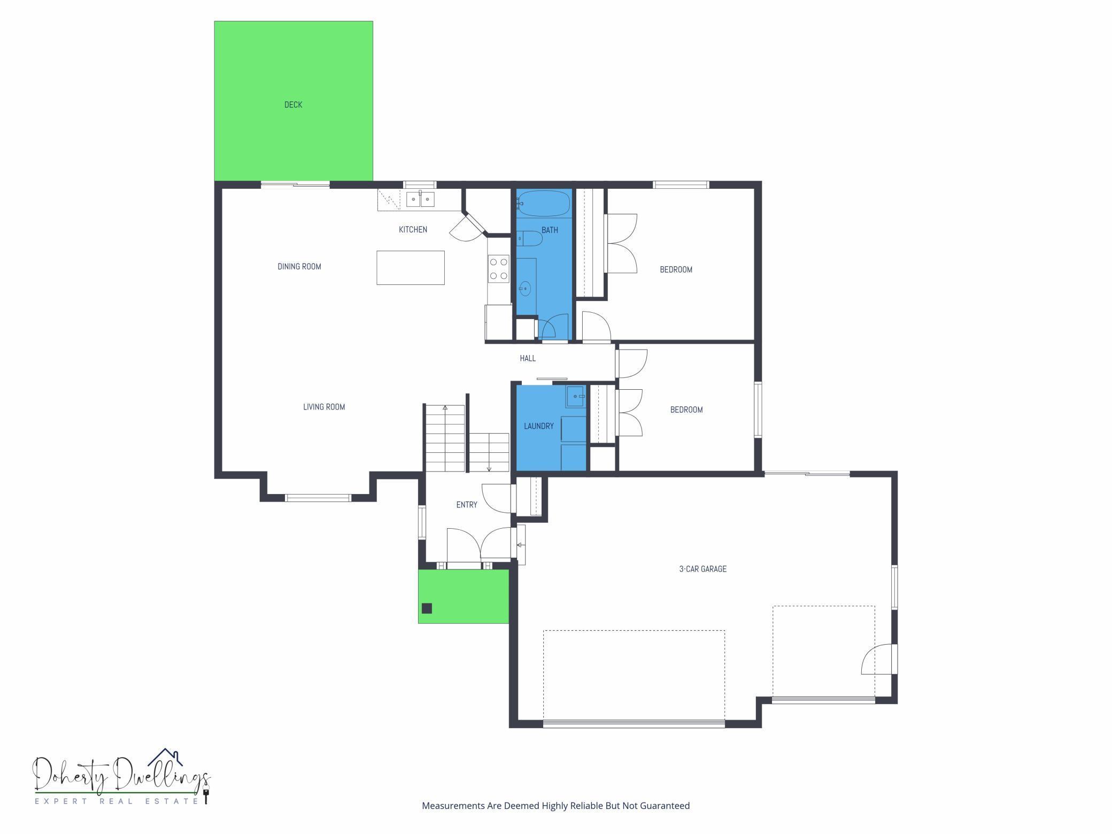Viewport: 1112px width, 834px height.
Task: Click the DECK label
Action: (293, 105)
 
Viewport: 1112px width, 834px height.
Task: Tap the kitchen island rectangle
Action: (410, 267)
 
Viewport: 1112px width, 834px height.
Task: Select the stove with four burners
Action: (498, 268)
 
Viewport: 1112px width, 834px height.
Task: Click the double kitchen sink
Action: (420, 199)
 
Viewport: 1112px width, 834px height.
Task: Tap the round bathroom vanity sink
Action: (526, 289)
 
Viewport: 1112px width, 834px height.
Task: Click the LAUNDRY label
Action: (538, 426)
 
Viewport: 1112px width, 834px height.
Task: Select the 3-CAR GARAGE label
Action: (702, 569)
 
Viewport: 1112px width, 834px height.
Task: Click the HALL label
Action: (528, 358)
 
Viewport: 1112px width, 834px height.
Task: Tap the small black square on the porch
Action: (427, 608)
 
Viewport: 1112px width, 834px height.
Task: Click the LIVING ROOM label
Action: (324, 407)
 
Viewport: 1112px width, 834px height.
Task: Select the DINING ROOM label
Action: (299, 266)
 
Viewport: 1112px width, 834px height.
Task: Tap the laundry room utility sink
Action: (576, 397)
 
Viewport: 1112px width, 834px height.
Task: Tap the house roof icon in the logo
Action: (166, 756)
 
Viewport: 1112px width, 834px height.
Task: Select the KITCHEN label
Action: (413, 229)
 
